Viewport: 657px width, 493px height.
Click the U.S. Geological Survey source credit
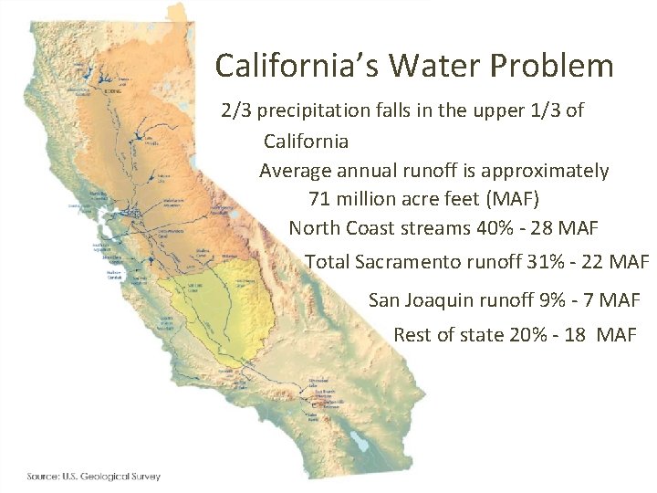[x=93, y=476]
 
